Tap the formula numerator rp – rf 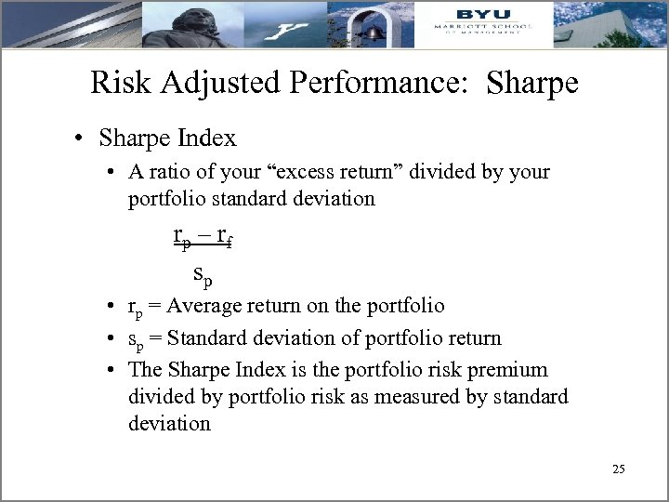click(x=203, y=236)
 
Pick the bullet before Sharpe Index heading click(x=83, y=139)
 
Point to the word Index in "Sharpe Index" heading click(x=208, y=139)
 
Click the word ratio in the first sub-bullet click(x=164, y=172)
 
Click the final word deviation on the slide click(x=169, y=423)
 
